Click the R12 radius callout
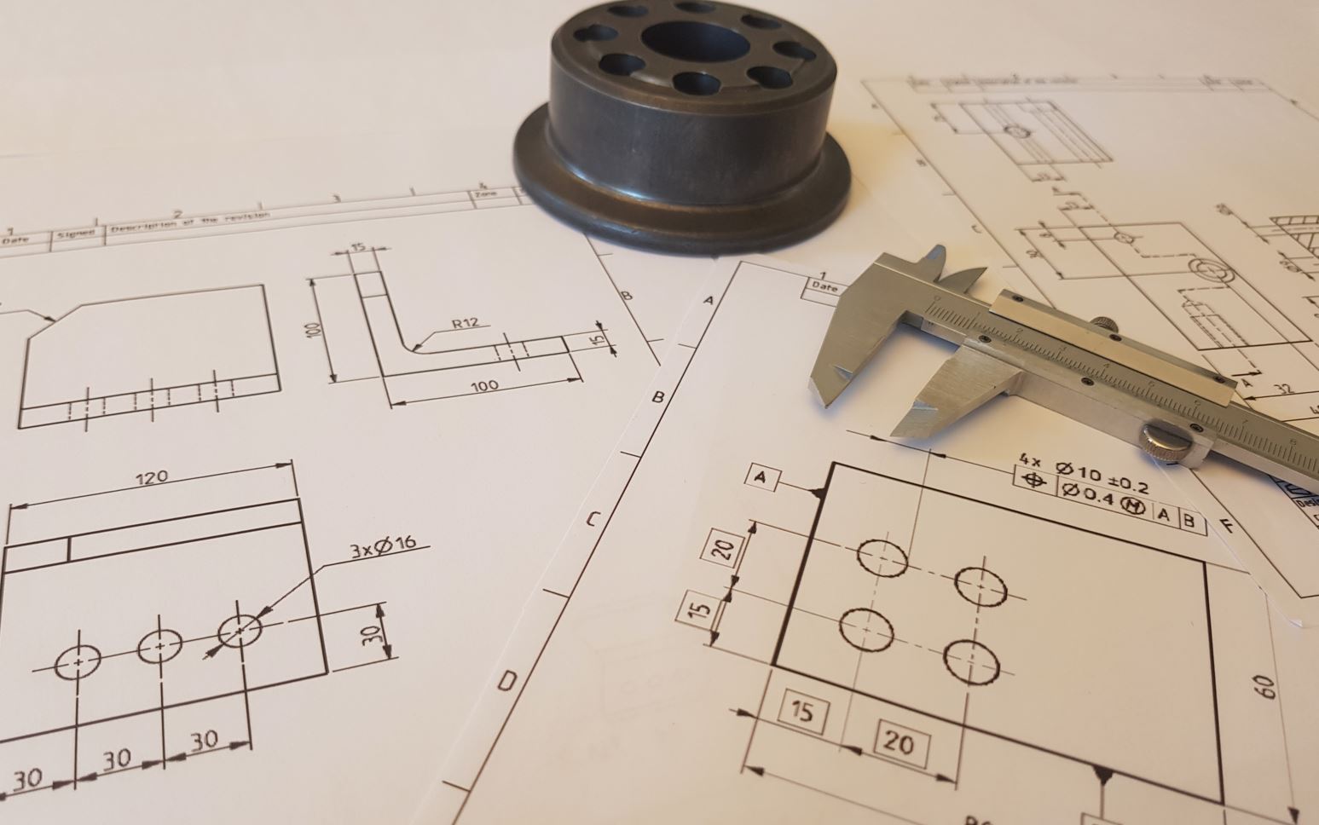466,323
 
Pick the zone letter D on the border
506,681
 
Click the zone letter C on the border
594,519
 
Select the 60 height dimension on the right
1265,687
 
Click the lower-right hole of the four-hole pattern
971,660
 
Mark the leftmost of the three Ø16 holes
78,661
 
